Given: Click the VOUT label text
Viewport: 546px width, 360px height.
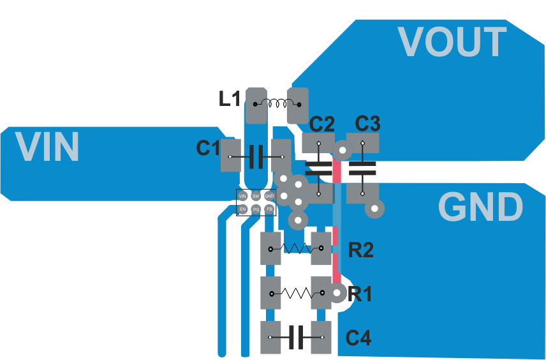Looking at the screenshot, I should pyautogui.click(x=452, y=42).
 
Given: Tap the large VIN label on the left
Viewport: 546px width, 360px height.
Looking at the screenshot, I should pyautogui.click(x=47, y=146).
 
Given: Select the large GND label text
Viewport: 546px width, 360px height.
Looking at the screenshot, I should pyautogui.click(x=480, y=207).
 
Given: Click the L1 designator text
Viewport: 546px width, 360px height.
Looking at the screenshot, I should pyautogui.click(x=230, y=99).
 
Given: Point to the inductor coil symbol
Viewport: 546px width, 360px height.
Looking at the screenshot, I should pyautogui.click(x=277, y=103).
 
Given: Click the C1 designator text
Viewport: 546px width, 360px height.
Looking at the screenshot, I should pyautogui.click(x=208, y=148).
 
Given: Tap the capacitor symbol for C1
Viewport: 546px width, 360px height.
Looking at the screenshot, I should pyautogui.click(x=256, y=156).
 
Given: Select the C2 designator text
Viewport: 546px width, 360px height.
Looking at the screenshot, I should pyautogui.click(x=323, y=124).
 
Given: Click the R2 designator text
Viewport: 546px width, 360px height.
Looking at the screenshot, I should pyautogui.click(x=360, y=250).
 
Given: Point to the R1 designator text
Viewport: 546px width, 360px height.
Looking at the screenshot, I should pyautogui.click(x=360, y=294).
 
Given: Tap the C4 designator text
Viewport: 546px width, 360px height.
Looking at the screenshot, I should pyautogui.click(x=358, y=338).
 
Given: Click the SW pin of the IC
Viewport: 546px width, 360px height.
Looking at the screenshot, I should pyautogui.click(x=256, y=196).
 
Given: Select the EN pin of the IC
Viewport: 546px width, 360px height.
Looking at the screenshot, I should pyautogui.click(x=242, y=209).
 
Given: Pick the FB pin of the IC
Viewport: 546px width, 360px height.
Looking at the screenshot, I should pyautogui.click(x=270, y=209).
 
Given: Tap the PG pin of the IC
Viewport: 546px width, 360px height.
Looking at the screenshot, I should pyautogui.click(x=256, y=209).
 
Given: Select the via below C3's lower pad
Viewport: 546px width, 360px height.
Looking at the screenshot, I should pyautogui.click(x=374, y=209).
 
